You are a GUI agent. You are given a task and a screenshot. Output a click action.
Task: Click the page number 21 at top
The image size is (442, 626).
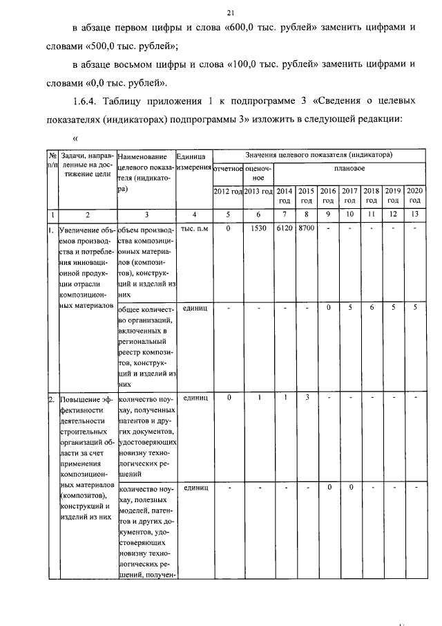point(230,12)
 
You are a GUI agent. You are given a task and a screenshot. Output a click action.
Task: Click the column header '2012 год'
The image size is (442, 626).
point(227,191)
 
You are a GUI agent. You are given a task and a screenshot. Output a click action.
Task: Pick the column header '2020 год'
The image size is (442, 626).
point(414,194)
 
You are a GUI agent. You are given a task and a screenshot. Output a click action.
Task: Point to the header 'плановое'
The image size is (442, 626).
point(349,168)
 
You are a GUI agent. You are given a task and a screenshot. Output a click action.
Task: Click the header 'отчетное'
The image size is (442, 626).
point(227,168)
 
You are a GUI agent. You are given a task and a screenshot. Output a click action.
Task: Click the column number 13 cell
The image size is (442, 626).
point(414,214)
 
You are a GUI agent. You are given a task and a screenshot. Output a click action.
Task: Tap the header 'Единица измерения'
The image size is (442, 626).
point(193,163)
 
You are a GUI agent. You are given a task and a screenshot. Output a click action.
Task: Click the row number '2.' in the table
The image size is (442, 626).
point(52,400)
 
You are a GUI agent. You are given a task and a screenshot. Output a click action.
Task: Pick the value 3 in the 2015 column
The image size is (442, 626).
point(307,398)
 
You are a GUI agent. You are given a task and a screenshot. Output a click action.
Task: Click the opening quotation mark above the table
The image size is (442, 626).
point(75,138)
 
